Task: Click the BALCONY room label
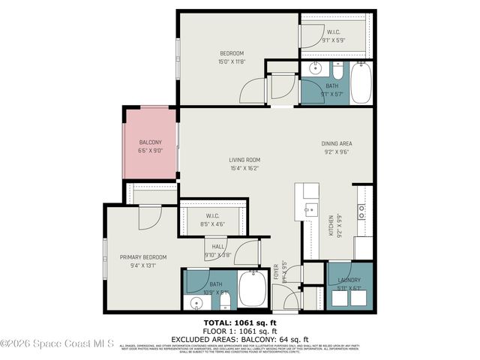pos(150,142)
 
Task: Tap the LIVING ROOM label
pos(244,160)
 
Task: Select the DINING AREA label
pos(336,143)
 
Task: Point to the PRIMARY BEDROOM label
pos(143,257)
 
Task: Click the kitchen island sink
pos(311,209)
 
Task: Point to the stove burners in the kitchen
pos(361,211)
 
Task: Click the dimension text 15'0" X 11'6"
pos(232,61)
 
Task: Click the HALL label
pos(218,247)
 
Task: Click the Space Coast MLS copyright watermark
pos(57,344)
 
